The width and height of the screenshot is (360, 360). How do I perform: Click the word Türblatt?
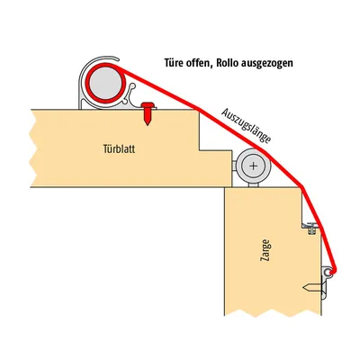[119, 148]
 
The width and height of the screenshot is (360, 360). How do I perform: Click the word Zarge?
[266, 250]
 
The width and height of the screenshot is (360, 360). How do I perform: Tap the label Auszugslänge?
[247, 126]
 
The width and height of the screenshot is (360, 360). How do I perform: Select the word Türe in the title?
[174, 63]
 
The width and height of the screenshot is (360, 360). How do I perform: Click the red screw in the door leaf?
[148, 113]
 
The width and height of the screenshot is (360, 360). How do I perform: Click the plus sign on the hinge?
[254, 166]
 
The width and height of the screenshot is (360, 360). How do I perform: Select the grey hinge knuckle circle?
[254, 166]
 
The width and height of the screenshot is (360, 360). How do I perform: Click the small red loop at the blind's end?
[331, 272]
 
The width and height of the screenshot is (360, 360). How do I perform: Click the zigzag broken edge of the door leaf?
[33, 148]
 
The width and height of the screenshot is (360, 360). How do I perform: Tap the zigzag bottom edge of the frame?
[273, 312]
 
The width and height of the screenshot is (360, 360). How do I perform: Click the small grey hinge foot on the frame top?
[254, 184]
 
